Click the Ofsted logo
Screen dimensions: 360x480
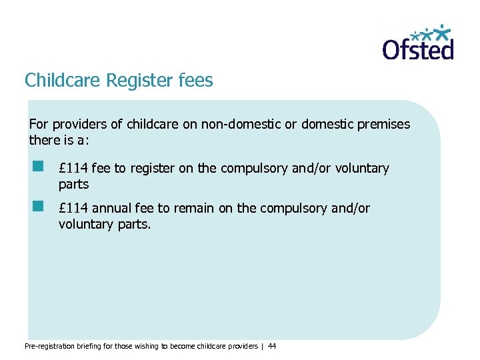(418, 44)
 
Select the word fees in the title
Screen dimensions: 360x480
(196, 81)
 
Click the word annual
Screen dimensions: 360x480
(110, 209)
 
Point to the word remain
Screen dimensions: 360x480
(194, 209)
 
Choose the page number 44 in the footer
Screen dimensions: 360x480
(271, 346)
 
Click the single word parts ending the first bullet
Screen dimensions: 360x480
(73, 184)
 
